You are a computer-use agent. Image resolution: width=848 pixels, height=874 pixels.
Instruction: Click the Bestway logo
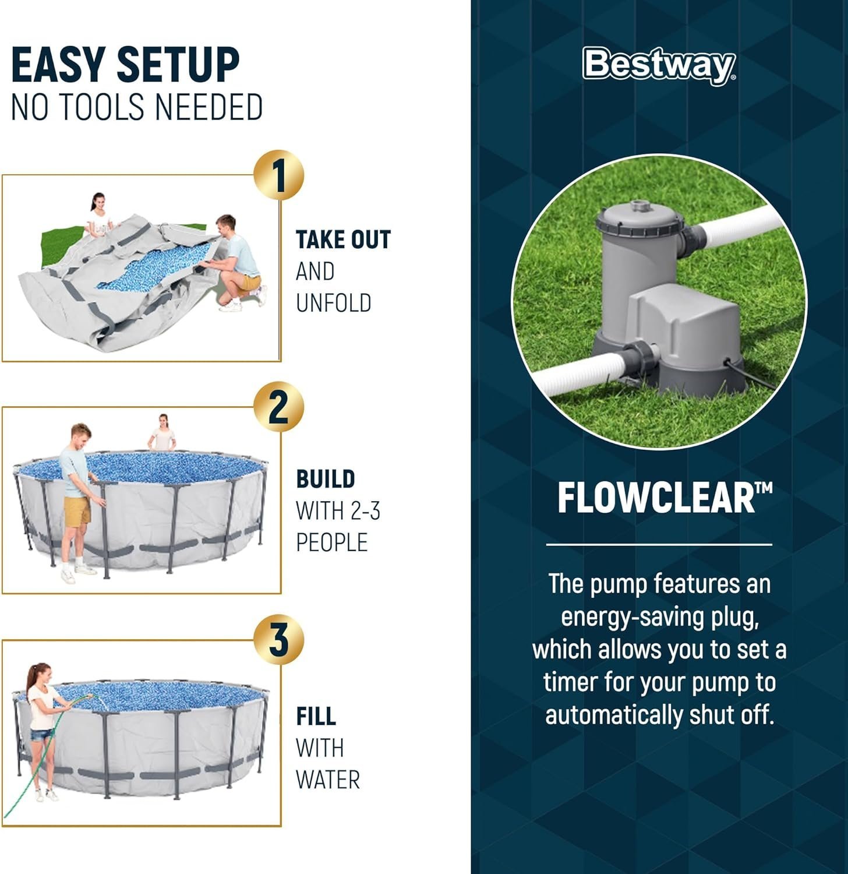coord(659,64)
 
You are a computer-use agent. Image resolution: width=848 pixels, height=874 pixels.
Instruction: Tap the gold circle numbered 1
coord(279,175)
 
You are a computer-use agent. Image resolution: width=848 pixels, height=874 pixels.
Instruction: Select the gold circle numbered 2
coord(279,407)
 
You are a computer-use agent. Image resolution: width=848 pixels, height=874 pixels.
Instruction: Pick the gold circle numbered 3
coord(279,640)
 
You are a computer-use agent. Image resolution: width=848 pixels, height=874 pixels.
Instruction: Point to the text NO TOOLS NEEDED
coord(137,107)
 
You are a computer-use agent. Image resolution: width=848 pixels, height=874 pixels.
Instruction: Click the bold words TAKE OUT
coord(343,240)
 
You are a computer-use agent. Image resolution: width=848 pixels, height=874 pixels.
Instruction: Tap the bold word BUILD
coord(326,479)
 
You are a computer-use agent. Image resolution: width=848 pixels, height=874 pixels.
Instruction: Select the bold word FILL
coord(316,717)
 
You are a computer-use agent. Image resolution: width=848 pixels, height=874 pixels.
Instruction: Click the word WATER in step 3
coord(328,780)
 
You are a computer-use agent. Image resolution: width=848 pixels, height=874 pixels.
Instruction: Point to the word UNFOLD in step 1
coord(333,303)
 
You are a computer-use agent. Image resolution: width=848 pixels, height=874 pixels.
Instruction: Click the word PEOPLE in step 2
coord(332,542)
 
